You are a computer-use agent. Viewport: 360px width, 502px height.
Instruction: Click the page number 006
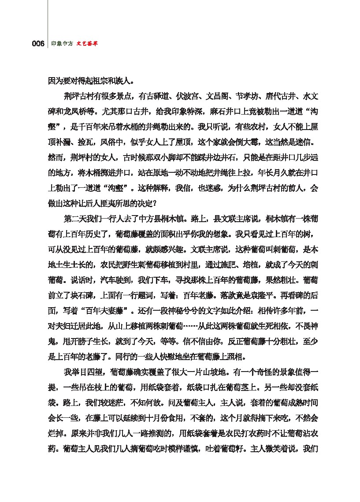tap(38, 44)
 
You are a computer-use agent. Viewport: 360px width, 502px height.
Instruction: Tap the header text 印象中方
tap(62, 44)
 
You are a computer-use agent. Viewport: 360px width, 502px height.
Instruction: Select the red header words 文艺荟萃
tap(87, 44)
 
